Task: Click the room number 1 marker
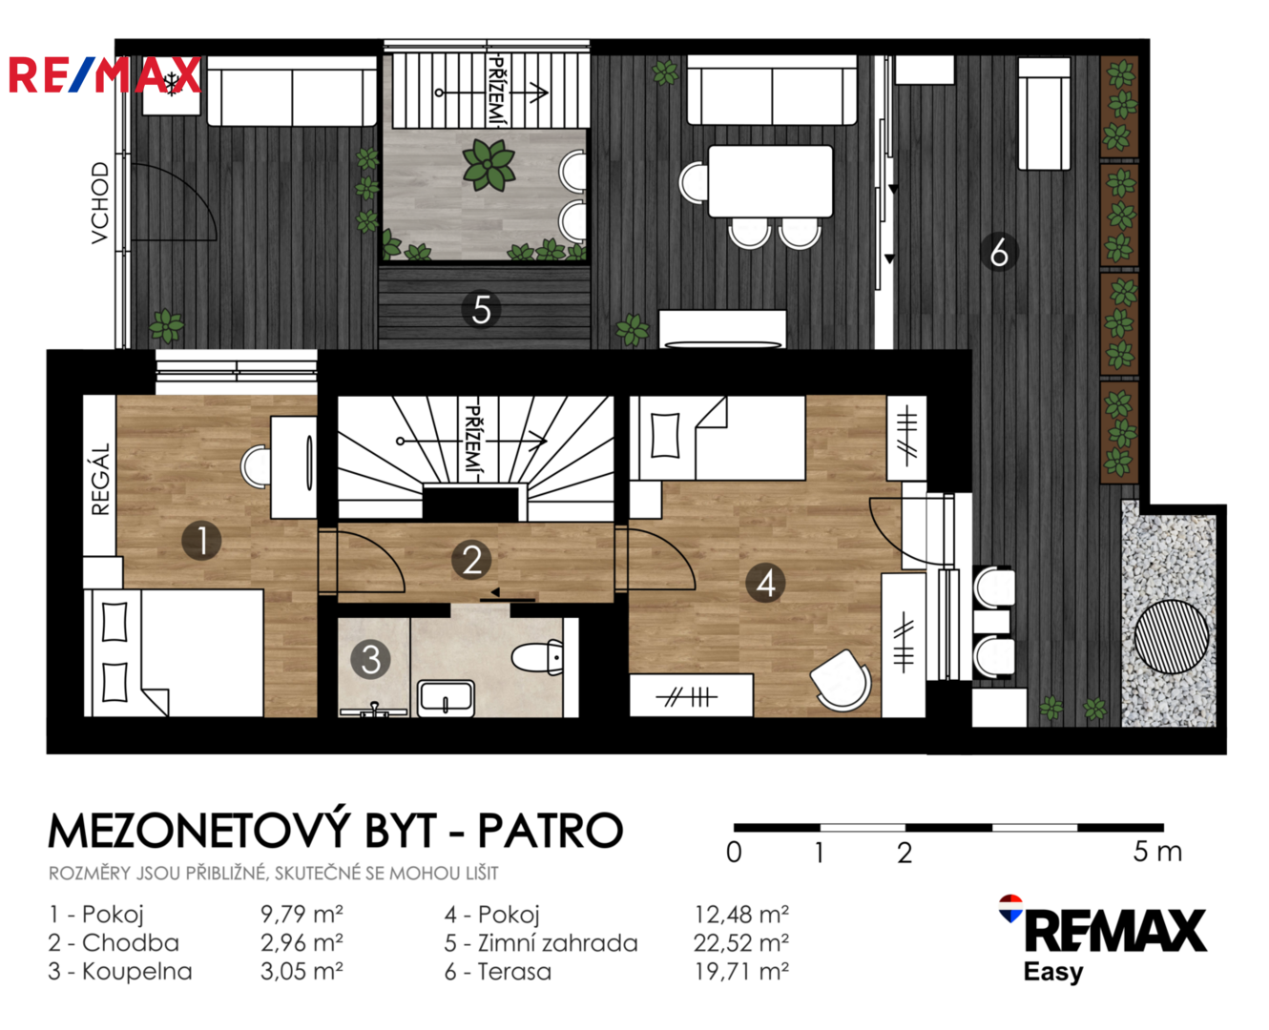(x=201, y=541)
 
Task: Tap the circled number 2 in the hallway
(x=472, y=560)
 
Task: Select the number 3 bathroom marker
(x=370, y=660)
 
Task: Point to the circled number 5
(x=481, y=310)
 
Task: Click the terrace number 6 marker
(x=999, y=252)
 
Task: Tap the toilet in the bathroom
(x=537, y=657)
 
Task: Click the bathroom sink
(x=447, y=698)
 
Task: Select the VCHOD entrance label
(x=100, y=203)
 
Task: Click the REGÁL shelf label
(x=101, y=479)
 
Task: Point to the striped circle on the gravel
(x=1172, y=636)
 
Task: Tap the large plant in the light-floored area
(x=489, y=165)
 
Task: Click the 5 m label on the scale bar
(x=1157, y=852)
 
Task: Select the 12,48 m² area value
(x=741, y=914)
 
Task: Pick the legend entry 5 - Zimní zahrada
(x=540, y=943)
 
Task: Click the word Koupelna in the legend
(x=137, y=972)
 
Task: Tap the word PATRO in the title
(x=550, y=831)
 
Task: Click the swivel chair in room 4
(x=841, y=680)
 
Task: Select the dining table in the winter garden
(x=770, y=181)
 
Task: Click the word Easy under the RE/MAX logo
(x=1052, y=973)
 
